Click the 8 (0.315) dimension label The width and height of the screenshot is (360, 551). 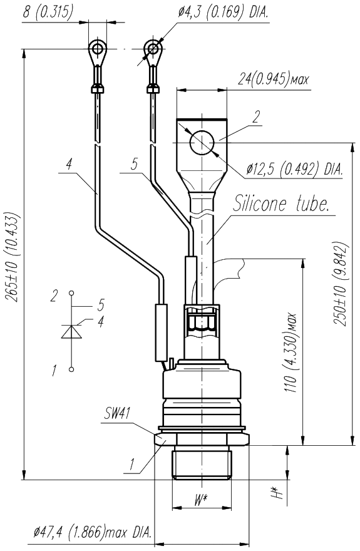click(48, 12)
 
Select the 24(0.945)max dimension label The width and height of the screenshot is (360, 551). click(273, 79)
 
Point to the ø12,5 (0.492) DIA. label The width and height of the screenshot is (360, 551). click(294, 170)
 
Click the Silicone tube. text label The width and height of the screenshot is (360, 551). click(281, 203)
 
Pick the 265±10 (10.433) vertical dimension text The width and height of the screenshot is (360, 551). click(13, 257)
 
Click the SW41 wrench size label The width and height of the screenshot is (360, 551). click(117, 413)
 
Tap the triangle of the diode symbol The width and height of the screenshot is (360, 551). click(71, 331)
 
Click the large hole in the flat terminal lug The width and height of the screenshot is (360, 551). click(202, 143)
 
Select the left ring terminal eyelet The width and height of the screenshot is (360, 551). click(96, 49)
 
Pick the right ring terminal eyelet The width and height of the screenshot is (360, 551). click(153, 49)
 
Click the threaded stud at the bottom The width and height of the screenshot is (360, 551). click(202, 465)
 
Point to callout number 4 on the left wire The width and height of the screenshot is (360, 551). click(69, 165)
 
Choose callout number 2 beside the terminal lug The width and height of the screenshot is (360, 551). click(257, 116)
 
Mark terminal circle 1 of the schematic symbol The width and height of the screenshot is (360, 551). click(71, 369)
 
